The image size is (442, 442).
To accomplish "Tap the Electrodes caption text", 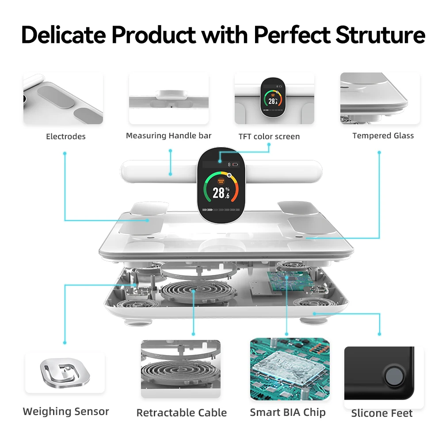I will pyautogui.click(x=66, y=137).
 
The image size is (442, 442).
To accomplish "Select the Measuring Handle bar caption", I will pyautogui.click(x=168, y=136).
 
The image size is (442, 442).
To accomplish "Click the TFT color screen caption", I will pyautogui.click(x=269, y=137).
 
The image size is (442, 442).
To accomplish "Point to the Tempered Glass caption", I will pyautogui.click(x=383, y=136).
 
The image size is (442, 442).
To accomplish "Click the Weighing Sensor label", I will pyautogui.click(x=66, y=412).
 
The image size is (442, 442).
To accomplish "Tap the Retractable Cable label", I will pyautogui.click(x=181, y=413).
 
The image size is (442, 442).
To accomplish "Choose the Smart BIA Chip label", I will pyautogui.click(x=287, y=412).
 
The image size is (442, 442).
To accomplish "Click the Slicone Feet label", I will pyautogui.click(x=381, y=413).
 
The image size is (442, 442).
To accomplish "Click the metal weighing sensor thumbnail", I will pyautogui.click(x=65, y=372).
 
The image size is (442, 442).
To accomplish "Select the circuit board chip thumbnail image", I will pyautogui.click(x=290, y=369).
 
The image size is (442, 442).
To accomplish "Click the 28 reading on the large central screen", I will pyautogui.click(x=219, y=193).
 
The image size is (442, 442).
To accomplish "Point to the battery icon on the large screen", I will pyautogui.click(x=235, y=164).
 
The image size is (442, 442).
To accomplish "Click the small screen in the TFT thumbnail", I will pyautogui.click(x=272, y=97).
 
